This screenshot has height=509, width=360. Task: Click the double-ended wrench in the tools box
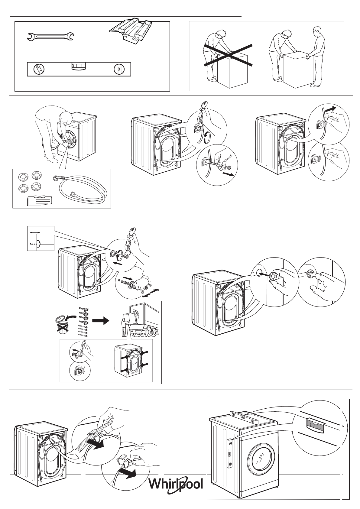point(50,37)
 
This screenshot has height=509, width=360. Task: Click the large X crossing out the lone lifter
point(229,55)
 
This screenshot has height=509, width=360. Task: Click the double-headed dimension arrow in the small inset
point(35,233)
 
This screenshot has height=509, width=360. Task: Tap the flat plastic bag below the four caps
point(39,201)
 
